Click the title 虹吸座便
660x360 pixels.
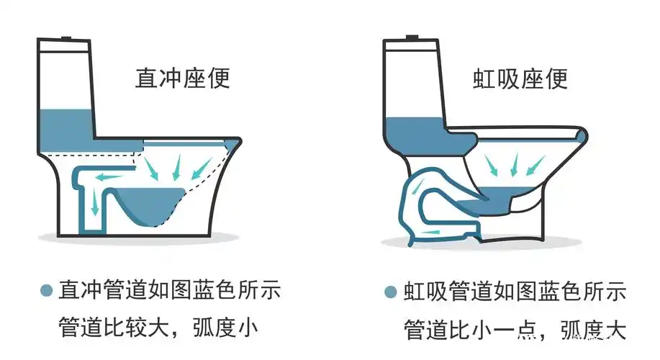point(520,78)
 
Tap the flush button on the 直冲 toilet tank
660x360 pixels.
point(66,37)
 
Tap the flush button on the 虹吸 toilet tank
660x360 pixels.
point(413,37)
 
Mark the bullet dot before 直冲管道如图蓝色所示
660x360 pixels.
point(46,291)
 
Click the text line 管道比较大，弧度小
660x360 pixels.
point(158,328)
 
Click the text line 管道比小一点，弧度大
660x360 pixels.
point(514,328)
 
